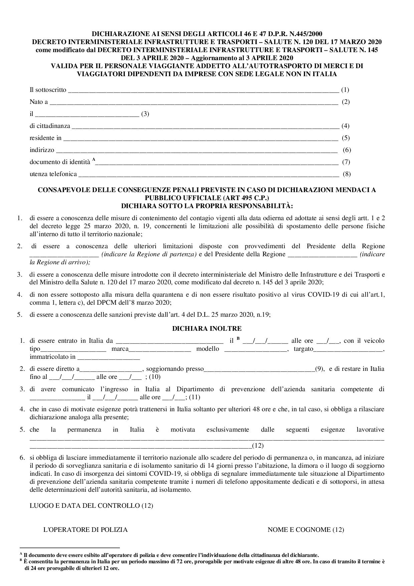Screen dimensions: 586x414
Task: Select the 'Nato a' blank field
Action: pos(194,103)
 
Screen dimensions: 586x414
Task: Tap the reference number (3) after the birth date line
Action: pos(145,114)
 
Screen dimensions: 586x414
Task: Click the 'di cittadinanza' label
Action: pos(50,126)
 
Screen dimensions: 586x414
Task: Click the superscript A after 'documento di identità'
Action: pos(94,160)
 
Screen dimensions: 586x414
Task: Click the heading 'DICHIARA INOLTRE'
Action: pos(207,329)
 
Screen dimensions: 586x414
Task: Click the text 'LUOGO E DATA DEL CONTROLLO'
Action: pos(85,506)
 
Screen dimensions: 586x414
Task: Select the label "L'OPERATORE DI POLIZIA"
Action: pos(85,530)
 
